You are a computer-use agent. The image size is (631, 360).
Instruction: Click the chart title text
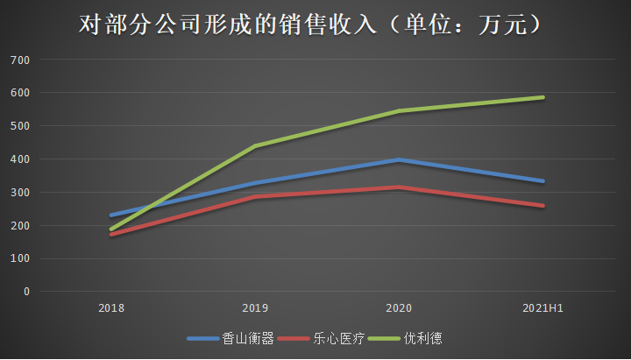[315, 25]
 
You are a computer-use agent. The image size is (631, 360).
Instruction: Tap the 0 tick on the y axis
[26, 292]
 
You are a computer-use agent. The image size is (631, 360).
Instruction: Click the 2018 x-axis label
[111, 308]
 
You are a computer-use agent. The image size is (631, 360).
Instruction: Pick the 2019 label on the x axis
[255, 308]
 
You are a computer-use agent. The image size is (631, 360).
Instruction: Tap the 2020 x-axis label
[399, 308]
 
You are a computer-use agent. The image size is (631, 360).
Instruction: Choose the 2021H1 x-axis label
[542, 308]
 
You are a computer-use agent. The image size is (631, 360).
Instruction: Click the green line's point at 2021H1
[543, 97]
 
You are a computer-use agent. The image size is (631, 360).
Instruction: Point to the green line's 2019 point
[255, 146]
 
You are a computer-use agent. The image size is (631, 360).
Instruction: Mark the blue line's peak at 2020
[399, 159]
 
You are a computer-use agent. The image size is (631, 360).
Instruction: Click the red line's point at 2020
[399, 187]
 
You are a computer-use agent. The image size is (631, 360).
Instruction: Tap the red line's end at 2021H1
[543, 206]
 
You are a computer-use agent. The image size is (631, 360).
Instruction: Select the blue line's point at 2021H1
[543, 181]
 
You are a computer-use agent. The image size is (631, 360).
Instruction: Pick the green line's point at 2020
[399, 111]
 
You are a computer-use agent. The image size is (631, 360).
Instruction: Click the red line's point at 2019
[255, 197]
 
